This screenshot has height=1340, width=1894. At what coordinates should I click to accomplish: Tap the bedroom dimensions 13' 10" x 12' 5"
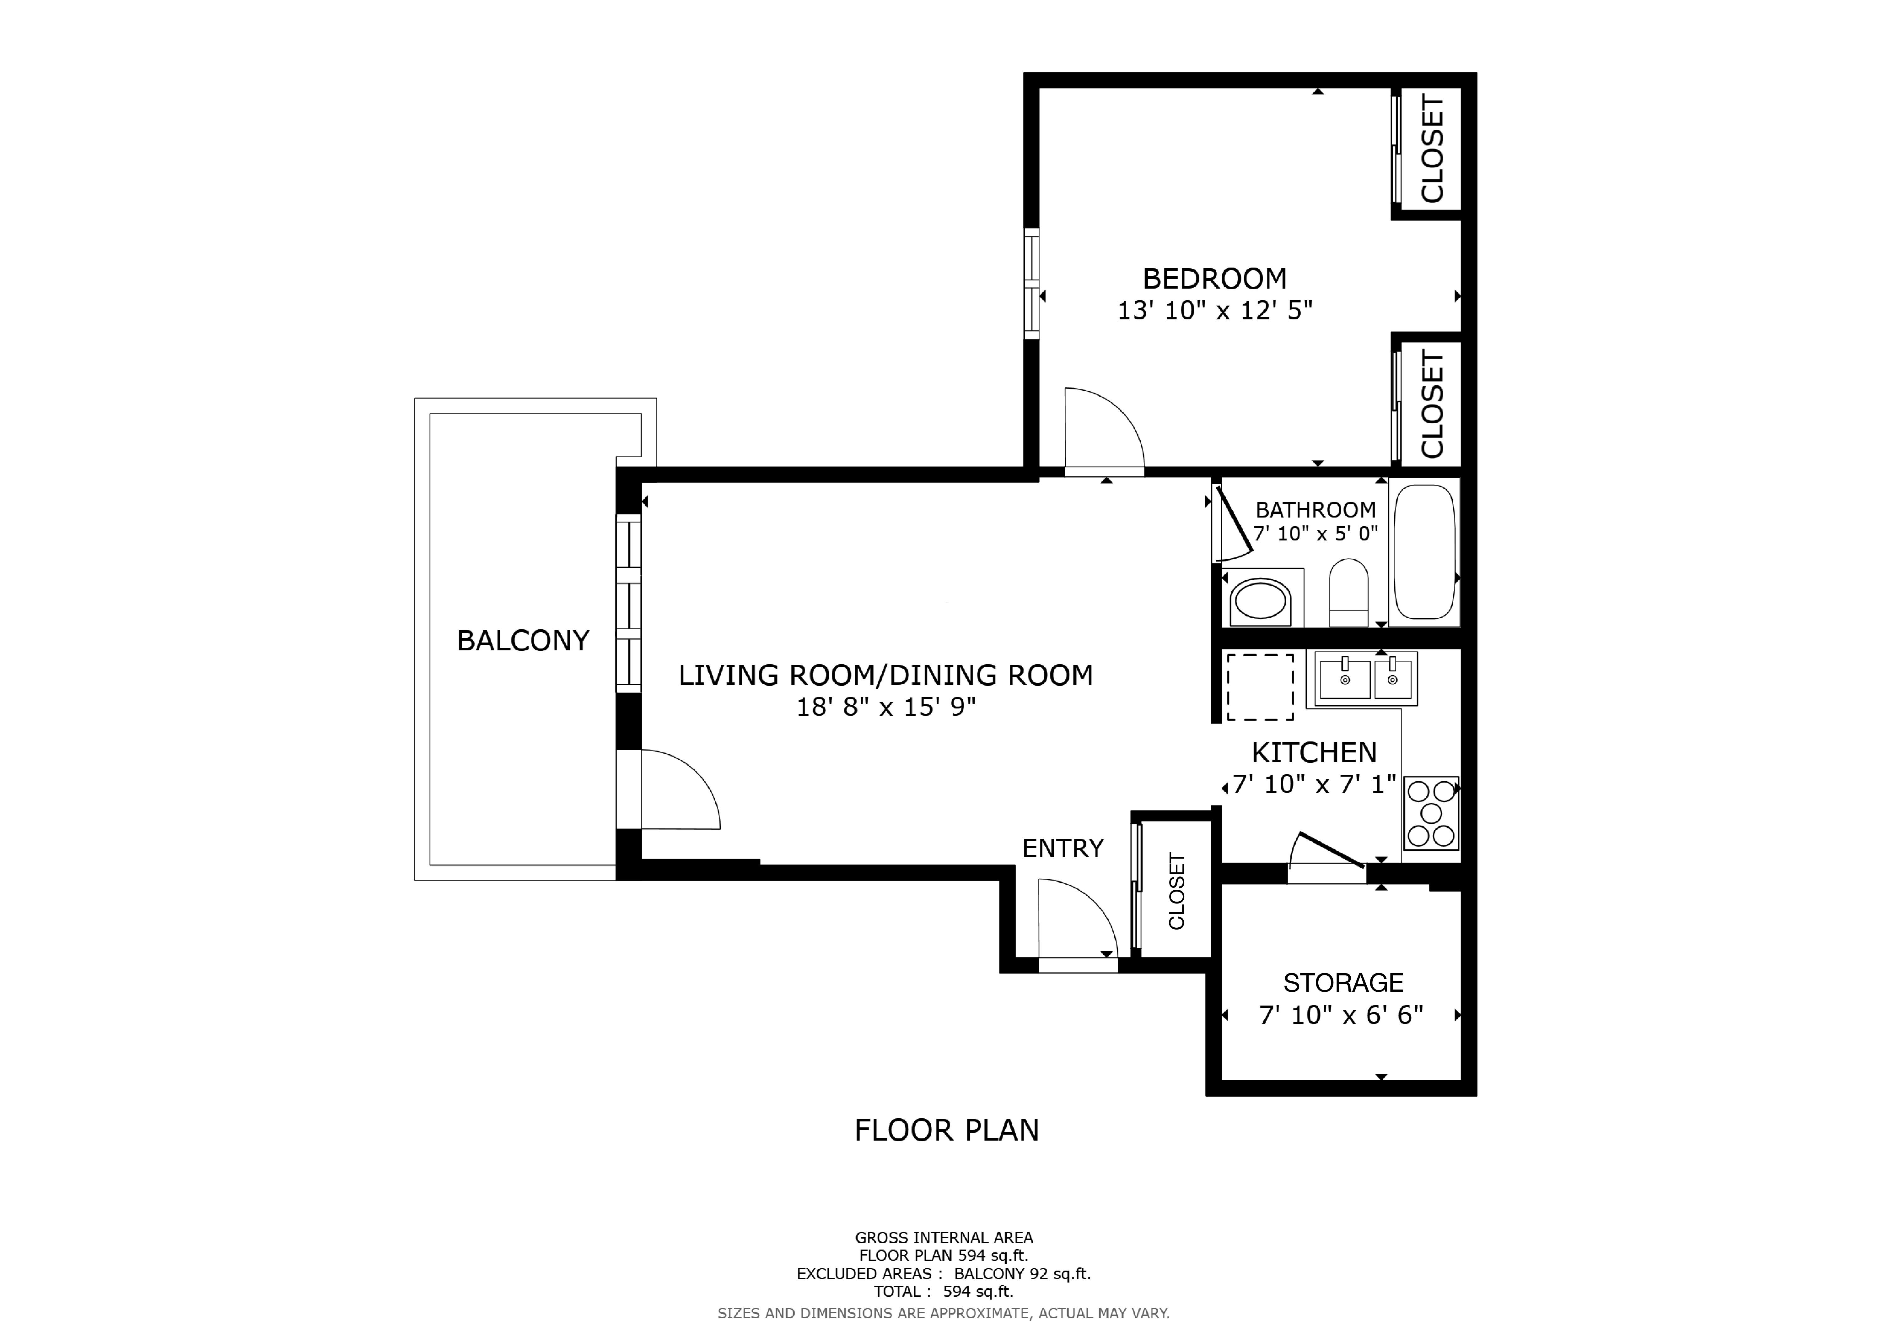point(1214,311)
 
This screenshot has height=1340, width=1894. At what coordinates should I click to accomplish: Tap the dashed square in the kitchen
point(1260,687)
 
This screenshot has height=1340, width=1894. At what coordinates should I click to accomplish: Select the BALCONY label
point(523,641)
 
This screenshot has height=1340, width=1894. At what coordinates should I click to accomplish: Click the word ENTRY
point(1063,848)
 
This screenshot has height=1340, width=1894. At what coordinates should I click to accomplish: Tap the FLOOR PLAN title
point(946,1131)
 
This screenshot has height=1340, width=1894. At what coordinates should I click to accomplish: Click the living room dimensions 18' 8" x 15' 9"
point(886,707)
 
